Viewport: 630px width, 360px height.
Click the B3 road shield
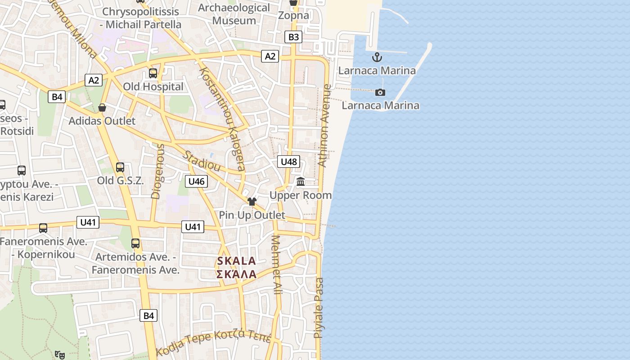click(293, 37)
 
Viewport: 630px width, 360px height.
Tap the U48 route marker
click(288, 162)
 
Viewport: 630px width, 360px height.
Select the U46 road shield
click(196, 181)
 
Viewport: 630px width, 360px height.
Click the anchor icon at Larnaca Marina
click(377, 57)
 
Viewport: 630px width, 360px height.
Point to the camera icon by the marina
click(380, 92)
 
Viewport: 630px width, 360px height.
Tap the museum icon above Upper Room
click(300, 181)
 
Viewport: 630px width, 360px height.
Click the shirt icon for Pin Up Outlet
click(252, 201)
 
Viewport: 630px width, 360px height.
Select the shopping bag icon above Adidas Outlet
click(102, 108)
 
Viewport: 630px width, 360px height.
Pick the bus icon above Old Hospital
click(153, 73)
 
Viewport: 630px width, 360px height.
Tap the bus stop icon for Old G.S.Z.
click(120, 167)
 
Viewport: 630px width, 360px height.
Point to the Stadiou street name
click(202, 161)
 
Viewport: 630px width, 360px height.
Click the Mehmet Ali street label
click(276, 265)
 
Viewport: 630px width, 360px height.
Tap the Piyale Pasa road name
click(319, 308)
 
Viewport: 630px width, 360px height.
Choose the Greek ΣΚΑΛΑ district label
click(236, 274)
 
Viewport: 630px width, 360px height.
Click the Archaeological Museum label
click(234, 14)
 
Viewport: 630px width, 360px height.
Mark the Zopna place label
click(293, 15)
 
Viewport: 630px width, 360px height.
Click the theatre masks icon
click(59, 355)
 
